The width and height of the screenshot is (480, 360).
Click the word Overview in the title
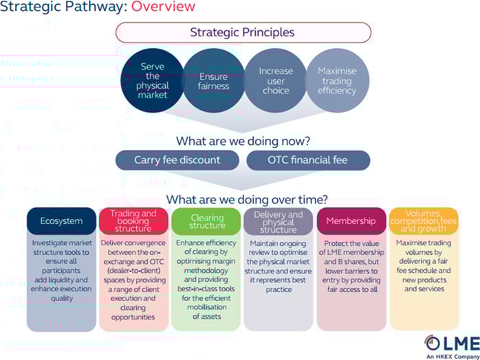pyautogui.click(x=163, y=8)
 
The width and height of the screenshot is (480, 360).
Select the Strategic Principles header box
pyautogui.click(x=243, y=32)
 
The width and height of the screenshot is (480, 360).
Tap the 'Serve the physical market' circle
pyautogui.click(x=153, y=80)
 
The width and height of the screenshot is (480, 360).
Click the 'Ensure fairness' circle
pyautogui.click(x=214, y=81)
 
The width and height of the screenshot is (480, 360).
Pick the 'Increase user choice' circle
pyautogui.click(x=276, y=81)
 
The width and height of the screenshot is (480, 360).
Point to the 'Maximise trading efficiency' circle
pyautogui.click(x=336, y=81)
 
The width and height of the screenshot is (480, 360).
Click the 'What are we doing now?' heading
pyautogui.click(x=242, y=142)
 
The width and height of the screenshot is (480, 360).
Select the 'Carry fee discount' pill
pyautogui.click(x=178, y=160)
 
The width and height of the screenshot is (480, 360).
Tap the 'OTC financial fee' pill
pyautogui.click(x=308, y=160)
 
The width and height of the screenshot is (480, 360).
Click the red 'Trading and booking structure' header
pyautogui.click(x=133, y=221)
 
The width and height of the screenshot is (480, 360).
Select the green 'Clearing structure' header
pyautogui.click(x=206, y=221)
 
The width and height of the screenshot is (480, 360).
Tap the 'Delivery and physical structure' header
pyautogui.click(x=279, y=221)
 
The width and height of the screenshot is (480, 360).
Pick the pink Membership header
pyautogui.click(x=351, y=221)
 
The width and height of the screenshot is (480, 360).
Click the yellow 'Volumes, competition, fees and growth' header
pyautogui.click(x=424, y=221)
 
